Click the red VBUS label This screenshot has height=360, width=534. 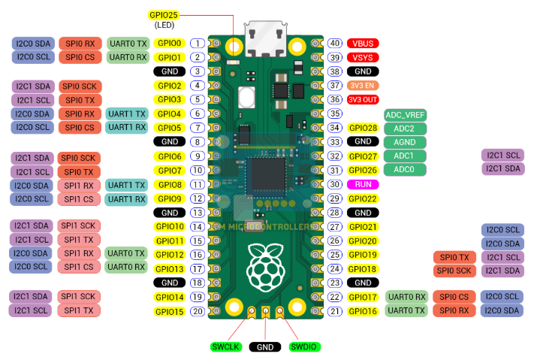(363, 44)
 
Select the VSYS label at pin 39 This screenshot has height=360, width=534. (363, 57)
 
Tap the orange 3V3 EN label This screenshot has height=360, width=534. (363, 86)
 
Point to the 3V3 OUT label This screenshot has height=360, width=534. (363, 99)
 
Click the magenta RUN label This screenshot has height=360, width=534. (363, 184)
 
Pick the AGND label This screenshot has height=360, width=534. (405, 142)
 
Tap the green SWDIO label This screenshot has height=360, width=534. (303, 346)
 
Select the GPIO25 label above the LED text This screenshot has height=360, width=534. (164, 15)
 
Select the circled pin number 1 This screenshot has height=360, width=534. (198, 44)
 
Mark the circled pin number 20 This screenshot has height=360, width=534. (198, 311)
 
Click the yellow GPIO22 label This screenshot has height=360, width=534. (363, 198)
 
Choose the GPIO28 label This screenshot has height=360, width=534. (363, 128)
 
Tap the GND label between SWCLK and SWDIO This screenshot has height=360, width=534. (265, 346)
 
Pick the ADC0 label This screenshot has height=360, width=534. (405, 170)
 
